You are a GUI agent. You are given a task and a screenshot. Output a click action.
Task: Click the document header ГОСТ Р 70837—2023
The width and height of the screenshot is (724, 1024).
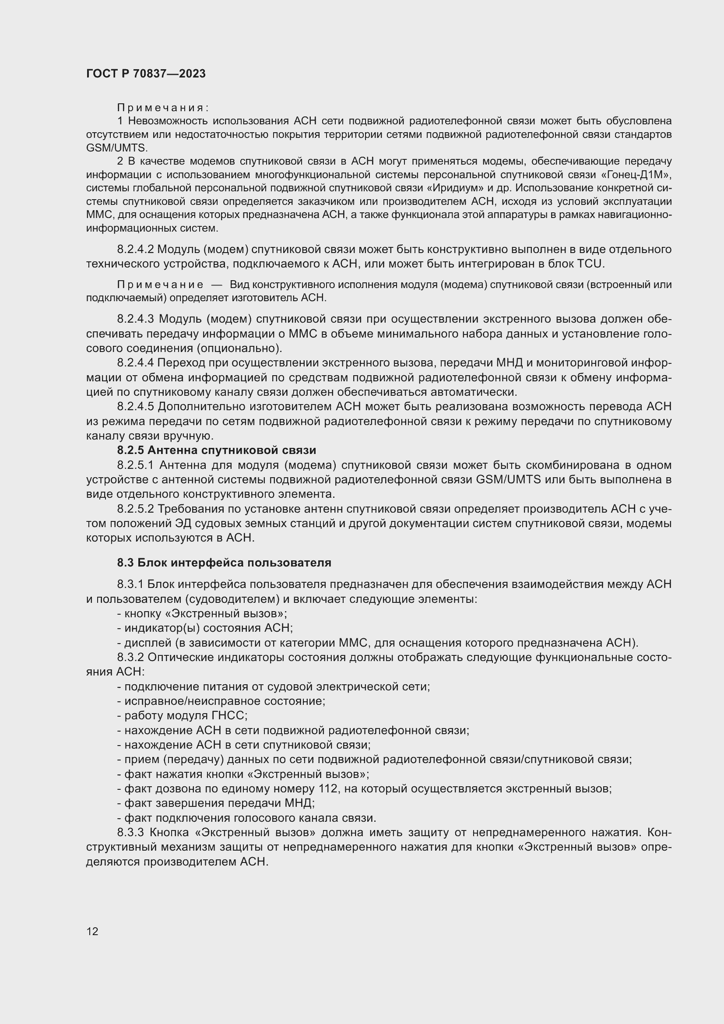tap(146, 74)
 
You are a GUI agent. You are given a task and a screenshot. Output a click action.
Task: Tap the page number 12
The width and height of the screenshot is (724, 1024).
tap(92, 931)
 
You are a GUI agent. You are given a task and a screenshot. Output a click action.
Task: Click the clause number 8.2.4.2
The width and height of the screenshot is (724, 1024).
tap(136, 249)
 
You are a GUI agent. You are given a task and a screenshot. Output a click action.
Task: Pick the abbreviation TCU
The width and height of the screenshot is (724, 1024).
tap(590, 264)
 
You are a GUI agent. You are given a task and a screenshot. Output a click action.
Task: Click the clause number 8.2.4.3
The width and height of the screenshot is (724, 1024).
tap(136, 319)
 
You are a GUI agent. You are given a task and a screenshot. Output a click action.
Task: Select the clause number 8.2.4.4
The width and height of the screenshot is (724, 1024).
tap(136, 362)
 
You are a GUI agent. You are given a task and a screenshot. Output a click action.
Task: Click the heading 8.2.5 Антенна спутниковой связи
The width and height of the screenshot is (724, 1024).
tap(217, 450)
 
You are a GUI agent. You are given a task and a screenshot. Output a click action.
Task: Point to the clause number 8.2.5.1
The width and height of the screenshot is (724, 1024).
tap(136, 465)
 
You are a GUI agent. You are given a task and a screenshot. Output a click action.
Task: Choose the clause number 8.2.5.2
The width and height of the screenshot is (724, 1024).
tap(136, 509)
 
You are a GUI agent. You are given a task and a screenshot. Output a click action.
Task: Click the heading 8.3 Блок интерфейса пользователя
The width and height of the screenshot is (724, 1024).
tap(224, 563)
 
